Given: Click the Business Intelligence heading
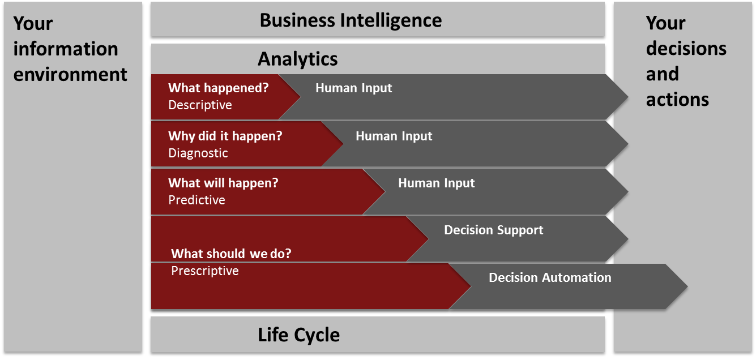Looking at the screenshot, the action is [351, 20].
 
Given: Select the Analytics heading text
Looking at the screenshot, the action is [298, 59].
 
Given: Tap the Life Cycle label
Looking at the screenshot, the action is [298, 335].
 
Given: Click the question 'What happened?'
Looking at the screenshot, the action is [219, 88].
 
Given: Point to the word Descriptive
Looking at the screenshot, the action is [200, 105].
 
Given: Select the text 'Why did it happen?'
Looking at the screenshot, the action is [225, 136].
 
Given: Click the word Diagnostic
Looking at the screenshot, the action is [198, 153].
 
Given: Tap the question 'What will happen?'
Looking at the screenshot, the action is [223, 183].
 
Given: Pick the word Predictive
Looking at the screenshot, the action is [197, 200].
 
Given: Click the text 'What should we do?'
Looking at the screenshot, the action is [231, 254].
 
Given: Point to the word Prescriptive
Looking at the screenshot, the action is [205, 271].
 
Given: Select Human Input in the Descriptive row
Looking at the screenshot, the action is [354, 88].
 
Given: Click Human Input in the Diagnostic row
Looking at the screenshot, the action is [394, 136].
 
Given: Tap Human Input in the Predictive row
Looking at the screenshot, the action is [437, 183].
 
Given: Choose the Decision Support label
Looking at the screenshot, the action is [493, 230].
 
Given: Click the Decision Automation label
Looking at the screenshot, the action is [550, 277].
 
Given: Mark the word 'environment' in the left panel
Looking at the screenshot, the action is [70, 75].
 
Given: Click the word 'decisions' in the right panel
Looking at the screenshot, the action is [686, 49].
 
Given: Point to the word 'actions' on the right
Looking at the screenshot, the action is [677, 100].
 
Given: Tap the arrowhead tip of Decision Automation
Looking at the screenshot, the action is [687, 286].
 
